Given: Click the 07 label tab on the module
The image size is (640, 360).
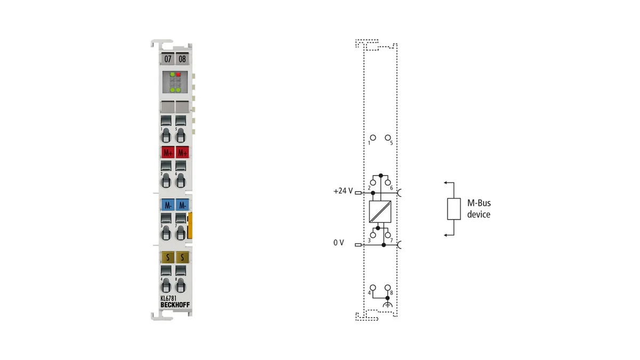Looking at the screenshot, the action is pyautogui.click(x=167, y=59).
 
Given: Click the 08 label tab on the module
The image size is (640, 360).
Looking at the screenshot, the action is pyautogui.click(x=182, y=59).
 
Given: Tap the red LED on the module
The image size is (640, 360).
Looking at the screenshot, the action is pyautogui.click(x=178, y=75).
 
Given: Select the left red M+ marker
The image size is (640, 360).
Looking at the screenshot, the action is pyautogui.click(x=167, y=153).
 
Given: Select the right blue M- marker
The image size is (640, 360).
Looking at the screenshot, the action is pyautogui.click(x=182, y=205).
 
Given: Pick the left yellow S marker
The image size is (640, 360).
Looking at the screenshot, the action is pyautogui.click(x=167, y=258).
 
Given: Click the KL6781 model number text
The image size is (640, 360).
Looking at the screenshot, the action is pyautogui.click(x=169, y=299).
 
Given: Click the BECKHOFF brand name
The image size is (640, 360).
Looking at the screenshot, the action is pyautogui.click(x=175, y=305).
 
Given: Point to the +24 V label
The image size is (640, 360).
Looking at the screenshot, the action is pyautogui.click(x=343, y=191).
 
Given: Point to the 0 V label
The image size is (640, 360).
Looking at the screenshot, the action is pyautogui.click(x=339, y=243).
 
